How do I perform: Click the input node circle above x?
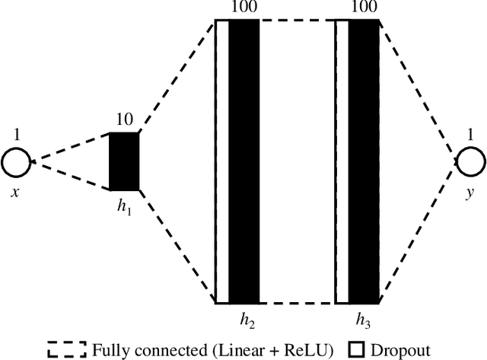pos(16,162)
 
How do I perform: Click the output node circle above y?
pos(469,162)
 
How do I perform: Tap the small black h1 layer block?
pos(124,161)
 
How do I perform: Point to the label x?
pos(15,193)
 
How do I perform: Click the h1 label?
pos(124,205)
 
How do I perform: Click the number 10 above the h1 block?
pos(124,120)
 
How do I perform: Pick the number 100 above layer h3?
pos(364,8)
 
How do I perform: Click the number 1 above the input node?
pos(16,135)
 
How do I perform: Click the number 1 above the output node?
pos(469,135)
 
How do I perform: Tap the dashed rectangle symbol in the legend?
pos(67,350)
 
